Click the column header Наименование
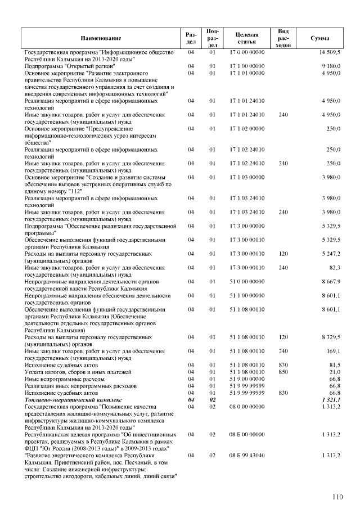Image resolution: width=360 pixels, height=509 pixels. coord(101,38)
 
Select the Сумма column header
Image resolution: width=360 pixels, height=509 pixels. coord(320,38)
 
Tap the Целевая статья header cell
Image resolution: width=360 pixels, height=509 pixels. coord(247,38)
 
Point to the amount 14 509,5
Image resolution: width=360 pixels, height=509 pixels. coord(330,52)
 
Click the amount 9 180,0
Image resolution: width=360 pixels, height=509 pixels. coord(331,66)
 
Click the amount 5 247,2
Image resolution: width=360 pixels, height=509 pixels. coord(331,254)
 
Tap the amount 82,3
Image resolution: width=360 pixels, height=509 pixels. coord(334,268)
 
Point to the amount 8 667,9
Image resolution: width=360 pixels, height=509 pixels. coord(331,281)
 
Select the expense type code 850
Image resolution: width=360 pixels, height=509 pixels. coord(283,372)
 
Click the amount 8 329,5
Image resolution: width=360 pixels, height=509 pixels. coord(331,337)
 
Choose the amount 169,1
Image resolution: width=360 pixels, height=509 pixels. coord(333,351)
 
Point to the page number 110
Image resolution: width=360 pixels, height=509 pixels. coord(337,497)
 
